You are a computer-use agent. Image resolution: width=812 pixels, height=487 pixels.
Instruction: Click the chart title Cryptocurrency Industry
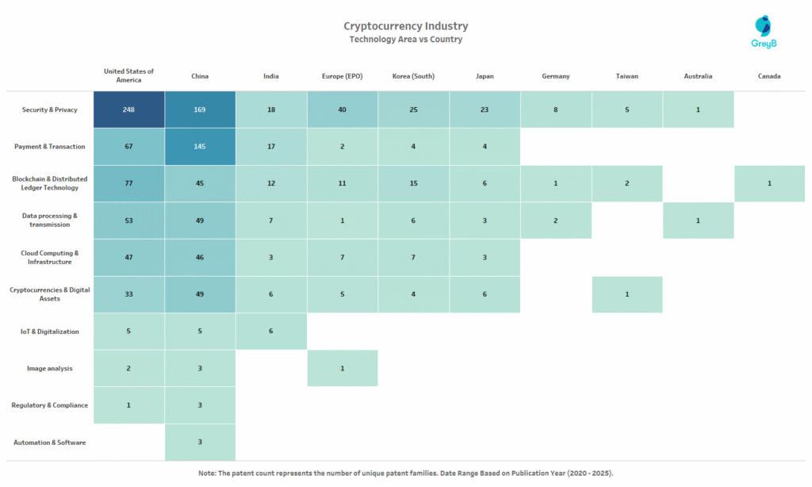pos(405,26)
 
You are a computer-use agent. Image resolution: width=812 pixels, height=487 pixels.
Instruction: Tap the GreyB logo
pos(762,33)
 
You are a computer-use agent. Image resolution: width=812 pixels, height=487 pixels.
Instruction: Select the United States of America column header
pos(128,75)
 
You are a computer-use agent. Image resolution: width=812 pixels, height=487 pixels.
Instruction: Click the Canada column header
pos(768,76)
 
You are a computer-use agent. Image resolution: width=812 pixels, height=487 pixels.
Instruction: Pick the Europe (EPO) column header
pos(342,76)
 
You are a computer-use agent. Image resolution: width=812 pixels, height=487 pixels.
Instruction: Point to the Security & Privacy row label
pos(49,109)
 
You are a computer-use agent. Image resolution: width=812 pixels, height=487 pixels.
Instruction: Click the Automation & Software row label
pos(49,442)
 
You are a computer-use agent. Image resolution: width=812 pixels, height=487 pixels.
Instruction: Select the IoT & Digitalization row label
pos(49,332)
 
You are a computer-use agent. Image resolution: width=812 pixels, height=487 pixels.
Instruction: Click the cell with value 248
pos(128,109)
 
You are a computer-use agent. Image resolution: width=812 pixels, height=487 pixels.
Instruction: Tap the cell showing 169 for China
pos(200,109)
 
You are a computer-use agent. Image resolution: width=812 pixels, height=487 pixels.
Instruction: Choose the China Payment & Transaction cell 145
pos(200,147)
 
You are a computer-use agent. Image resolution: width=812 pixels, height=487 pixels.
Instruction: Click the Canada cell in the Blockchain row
pos(768,183)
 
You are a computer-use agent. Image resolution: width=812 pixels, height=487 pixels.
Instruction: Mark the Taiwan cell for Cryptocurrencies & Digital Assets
pos(626,294)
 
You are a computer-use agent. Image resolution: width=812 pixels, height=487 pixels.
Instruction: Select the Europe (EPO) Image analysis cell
pos(342,368)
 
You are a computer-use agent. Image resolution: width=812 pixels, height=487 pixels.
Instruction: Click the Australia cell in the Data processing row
pos(698,220)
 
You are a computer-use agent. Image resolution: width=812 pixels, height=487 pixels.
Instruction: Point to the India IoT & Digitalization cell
pos(270,332)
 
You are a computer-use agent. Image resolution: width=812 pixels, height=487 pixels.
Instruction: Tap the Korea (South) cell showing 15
pos(413,183)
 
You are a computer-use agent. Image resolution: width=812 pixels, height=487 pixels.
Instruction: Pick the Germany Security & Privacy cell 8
pos(555,109)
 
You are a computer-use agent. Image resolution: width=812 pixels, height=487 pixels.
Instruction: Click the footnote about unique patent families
pos(405,473)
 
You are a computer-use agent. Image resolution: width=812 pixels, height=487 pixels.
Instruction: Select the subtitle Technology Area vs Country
pos(405,40)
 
